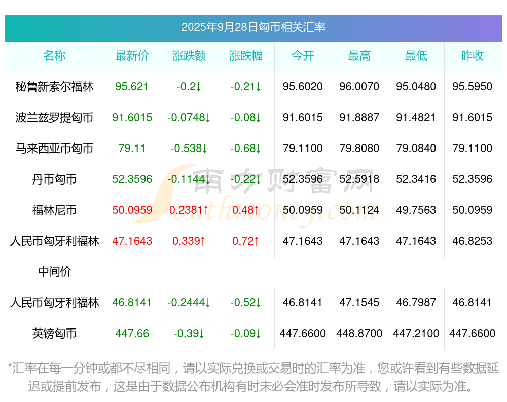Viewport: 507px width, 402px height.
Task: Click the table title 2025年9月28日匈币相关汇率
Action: pyautogui.click(x=253, y=27)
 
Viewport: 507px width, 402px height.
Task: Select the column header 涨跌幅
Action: pyautogui.click(x=246, y=56)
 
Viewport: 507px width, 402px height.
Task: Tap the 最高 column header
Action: pyautogui.click(x=359, y=56)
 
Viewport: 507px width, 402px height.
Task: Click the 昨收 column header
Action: pyautogui.click(x=473, y=56)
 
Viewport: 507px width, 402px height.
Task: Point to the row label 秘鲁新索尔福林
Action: pyautogui.click(x=54, y=86)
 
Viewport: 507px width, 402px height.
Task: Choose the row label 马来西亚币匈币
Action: pyautogui.click(x=54, y=148)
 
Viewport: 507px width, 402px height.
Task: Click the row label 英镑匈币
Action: pyautogui.click(x=54, y=333)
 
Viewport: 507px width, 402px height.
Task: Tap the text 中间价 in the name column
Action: pyautogui.click(x=54, y=272)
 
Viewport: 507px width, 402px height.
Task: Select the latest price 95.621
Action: pyautogui.click(x=132, y=86)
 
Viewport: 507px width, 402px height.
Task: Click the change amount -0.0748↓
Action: pyautogui.click(x=189, y=117)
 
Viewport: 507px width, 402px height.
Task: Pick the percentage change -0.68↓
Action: pyautogui.click(x=246, y=148)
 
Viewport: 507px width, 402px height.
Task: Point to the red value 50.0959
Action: pyautogui.click(x=132, y=210)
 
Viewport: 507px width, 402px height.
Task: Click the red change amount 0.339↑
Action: pyautogui.click(x=189, y=241)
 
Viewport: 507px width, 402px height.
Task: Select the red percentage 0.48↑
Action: pyautogui.click(x=246, y=210)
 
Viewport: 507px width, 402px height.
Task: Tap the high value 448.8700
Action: pyautogui.click(x=359, y=333)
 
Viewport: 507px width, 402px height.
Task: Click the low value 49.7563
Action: pyautogui.click(x=416, y=210)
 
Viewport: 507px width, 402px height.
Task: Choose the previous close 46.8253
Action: pyautogui.click(x=473, y=241)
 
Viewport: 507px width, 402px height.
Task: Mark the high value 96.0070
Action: pyautogui.click(x=359, y=86)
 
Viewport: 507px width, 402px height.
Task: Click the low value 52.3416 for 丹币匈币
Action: pyautogui.click(x=416, y=179)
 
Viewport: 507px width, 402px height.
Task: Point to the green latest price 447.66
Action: pyautogui.click(x=132, y=333)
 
